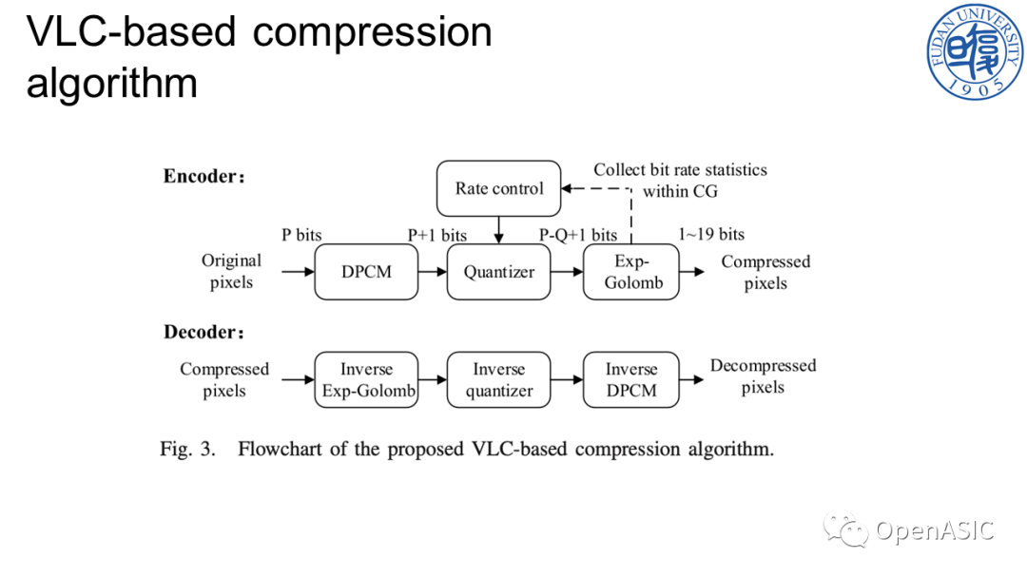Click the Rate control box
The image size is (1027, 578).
tap(498, 188)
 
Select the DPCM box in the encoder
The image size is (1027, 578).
tap(366, 272)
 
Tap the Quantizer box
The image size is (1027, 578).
tap(498, 272)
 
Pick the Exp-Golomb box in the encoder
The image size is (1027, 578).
tap(630, 272)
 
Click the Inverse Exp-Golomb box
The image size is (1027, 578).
tap(366, 379)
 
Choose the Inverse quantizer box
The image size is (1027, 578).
tap(498, 379)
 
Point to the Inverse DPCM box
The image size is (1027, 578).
tap(630, 379)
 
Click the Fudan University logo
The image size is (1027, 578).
tap(975, 51)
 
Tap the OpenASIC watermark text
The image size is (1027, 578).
tap(935, 530)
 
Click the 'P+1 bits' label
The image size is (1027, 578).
tap(436, 235)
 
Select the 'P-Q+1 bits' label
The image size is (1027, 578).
tap(578, 235)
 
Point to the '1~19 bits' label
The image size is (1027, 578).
tap(711, 235)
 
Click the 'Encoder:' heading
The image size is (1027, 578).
tap(203, 176)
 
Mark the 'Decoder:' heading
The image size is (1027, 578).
tap(203, 332)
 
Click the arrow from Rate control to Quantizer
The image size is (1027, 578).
tap(498, 230)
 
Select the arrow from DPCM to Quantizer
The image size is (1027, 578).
tap(433, 272)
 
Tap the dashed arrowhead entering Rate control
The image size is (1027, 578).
tap(567, 188)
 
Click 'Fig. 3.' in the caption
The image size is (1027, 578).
tap(187, 449)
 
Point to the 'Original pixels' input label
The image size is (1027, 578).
tap(231, 271)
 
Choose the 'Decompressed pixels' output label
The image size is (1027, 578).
tap(763, 376)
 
